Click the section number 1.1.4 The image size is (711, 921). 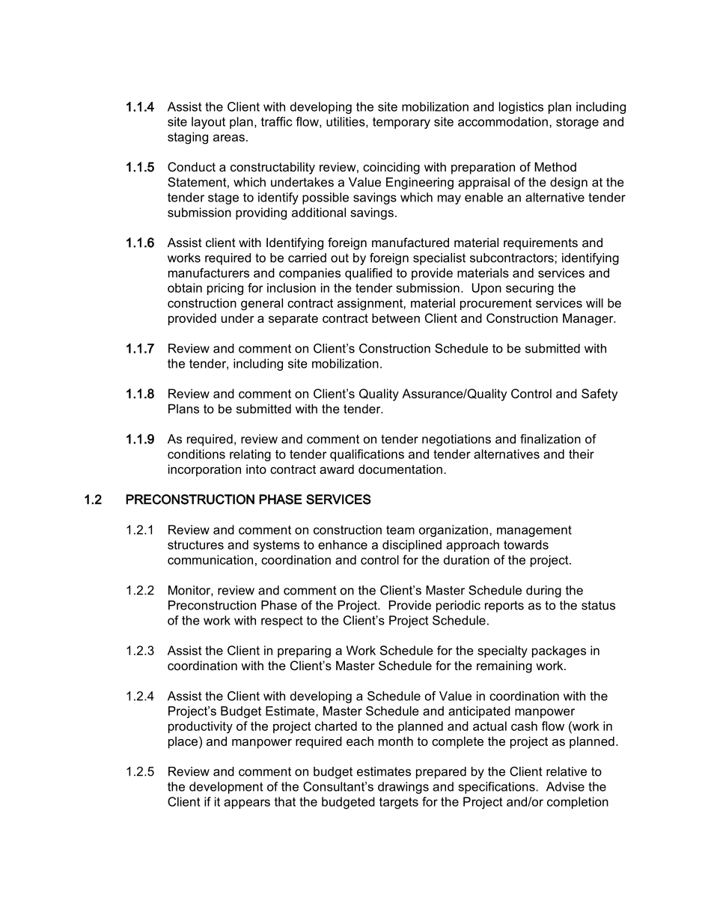(140, 107)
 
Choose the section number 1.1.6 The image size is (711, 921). (140, 243)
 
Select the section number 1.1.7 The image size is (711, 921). (140, 349)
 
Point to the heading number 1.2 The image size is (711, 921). (93, 499)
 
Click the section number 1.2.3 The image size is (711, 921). (140, 651)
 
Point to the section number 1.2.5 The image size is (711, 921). (140, 772)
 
